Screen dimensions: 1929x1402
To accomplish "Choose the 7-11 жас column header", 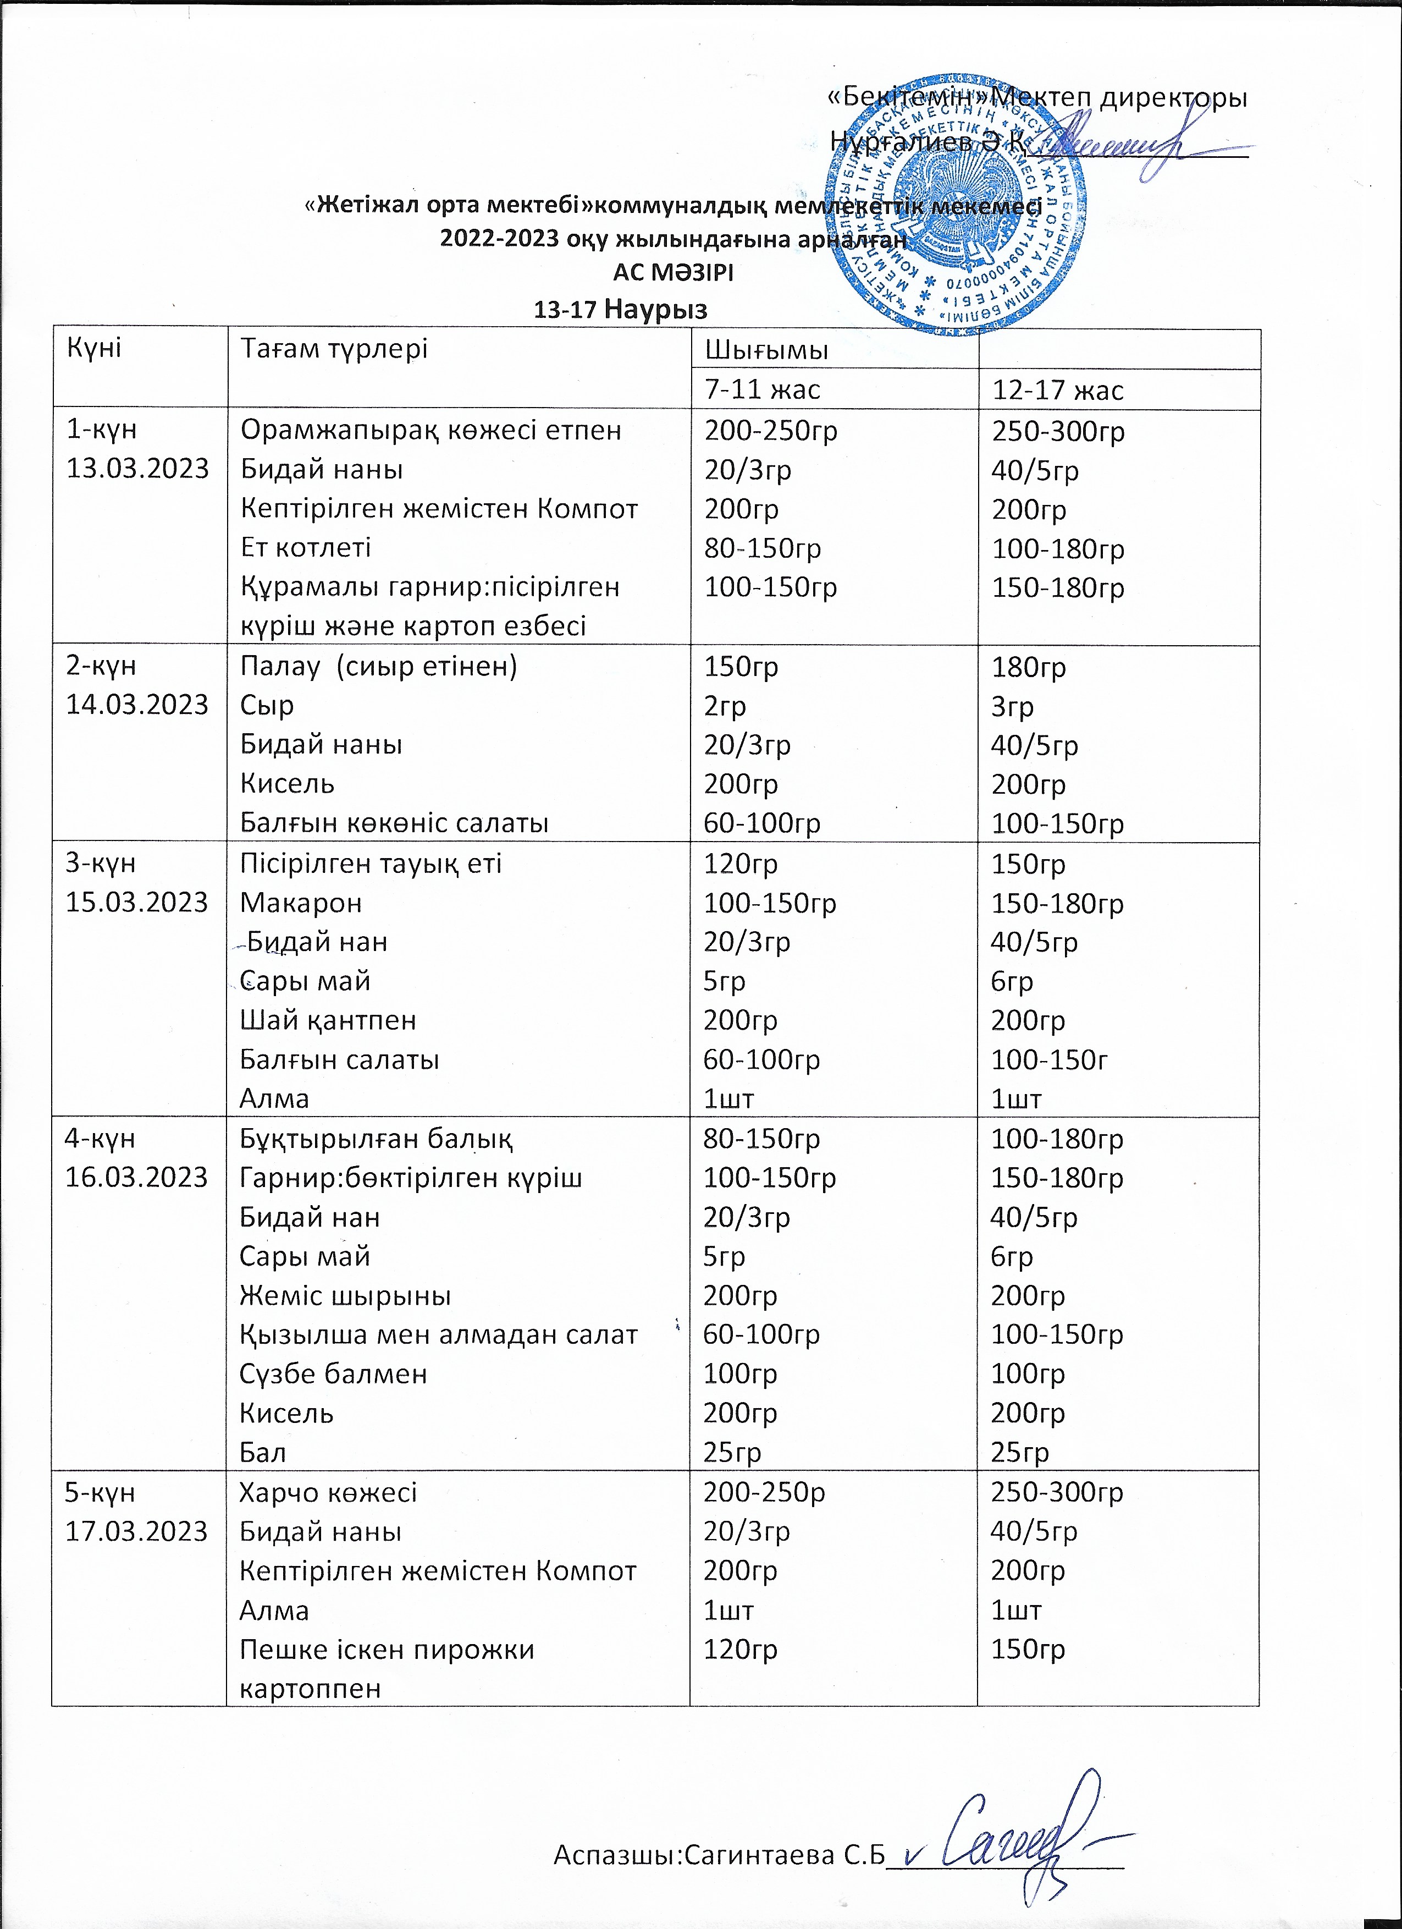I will pos(763,389).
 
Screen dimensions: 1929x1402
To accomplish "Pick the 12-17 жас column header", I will pos(1058,391).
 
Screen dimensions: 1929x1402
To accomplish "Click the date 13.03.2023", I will pos(138,469).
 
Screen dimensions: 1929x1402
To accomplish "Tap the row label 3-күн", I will pos(100,862).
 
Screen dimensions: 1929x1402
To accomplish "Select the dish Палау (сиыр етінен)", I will pos(378,666).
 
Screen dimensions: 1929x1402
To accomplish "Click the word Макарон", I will pos(300,903).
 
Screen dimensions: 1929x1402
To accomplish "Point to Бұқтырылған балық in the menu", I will pos(376,1138).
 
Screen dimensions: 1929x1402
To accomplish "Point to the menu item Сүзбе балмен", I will pos(333,1373).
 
